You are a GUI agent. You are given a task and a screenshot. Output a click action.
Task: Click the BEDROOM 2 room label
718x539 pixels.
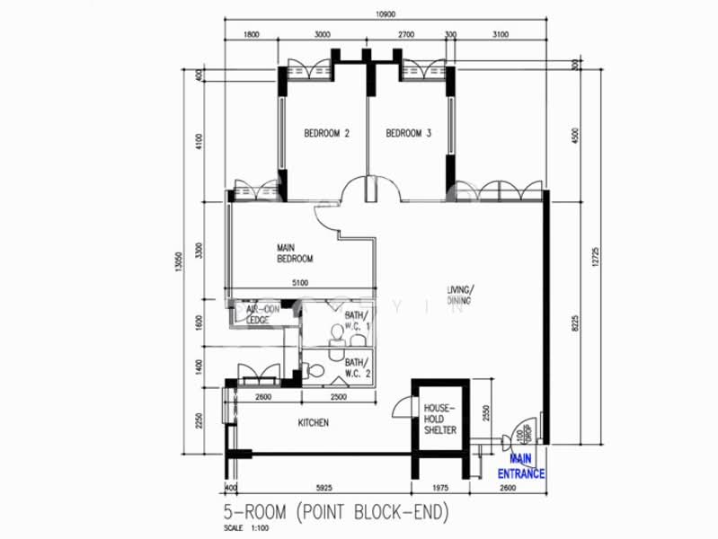coord(326,134)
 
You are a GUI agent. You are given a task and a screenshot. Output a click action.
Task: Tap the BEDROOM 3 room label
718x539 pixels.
coord(408,134)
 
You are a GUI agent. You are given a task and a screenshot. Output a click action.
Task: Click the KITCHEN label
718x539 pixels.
coord(314,422)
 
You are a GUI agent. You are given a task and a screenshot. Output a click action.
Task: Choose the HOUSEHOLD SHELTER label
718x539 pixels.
coord(440,419)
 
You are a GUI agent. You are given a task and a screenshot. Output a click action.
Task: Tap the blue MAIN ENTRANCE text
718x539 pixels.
coord(521,467)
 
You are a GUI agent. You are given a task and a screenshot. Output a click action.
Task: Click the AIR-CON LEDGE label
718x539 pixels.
coord(262,314)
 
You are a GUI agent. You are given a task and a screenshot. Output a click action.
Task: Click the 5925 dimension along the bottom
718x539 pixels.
coord(324,489)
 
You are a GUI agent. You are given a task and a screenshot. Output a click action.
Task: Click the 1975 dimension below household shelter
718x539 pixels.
coord(439,489)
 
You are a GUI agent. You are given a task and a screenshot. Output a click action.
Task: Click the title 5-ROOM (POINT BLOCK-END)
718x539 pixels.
coord(335,513)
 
